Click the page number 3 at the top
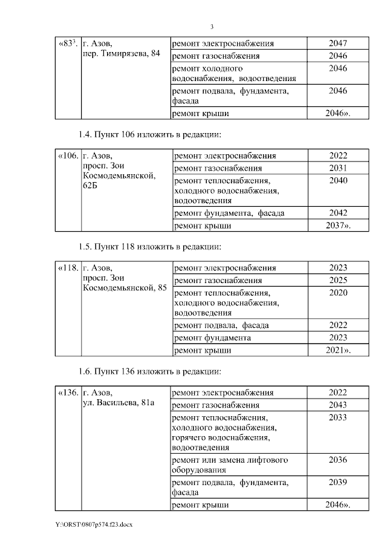point(212,27)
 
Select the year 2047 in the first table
point(338,44)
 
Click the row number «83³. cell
point(67,44)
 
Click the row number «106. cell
point(68,155)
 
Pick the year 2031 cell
point(338,168)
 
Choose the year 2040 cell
point(338,180)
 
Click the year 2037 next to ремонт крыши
point(338,226)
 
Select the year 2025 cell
point(338,281)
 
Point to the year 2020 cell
point(338,293)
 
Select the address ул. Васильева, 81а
point(119,403)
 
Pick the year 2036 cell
point(338,460)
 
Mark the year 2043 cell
point(338,405)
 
